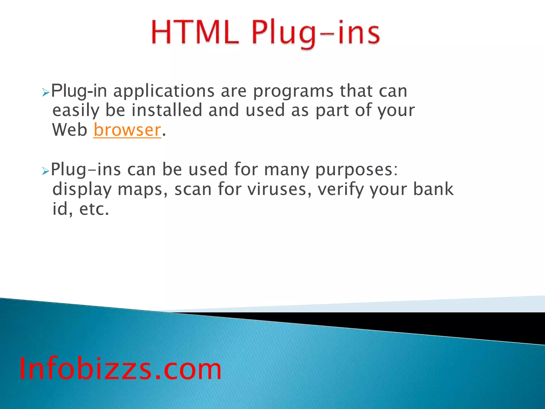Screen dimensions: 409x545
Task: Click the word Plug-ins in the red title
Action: (x=316, y=33)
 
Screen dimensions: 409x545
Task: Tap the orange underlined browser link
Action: (x=127, y=130)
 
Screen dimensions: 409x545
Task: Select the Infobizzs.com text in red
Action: (x=120, y=369)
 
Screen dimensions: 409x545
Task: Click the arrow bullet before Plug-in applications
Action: (x=46, y=93)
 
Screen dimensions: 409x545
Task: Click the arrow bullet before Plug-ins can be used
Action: (x=46, y=171)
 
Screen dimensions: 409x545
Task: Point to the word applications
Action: (x=164, y=91)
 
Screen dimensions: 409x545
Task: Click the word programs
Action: (x=293, y=91)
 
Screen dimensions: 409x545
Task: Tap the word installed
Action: (x=167, y=110)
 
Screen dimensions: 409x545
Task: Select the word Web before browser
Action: (x=70, y=130)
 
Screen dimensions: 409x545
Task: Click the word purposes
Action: (x=356, y=170)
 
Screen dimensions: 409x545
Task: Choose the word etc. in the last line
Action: (x=94, y=209)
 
